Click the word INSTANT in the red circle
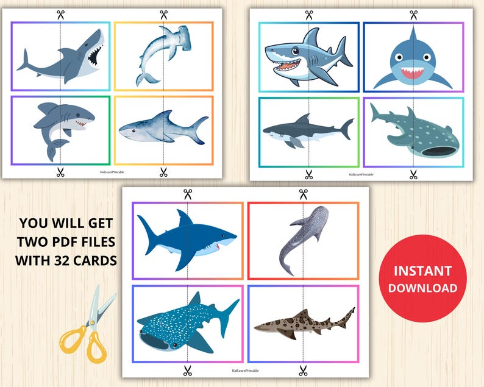422,270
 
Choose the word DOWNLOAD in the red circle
422,287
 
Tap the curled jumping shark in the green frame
61,129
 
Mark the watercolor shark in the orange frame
163,129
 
